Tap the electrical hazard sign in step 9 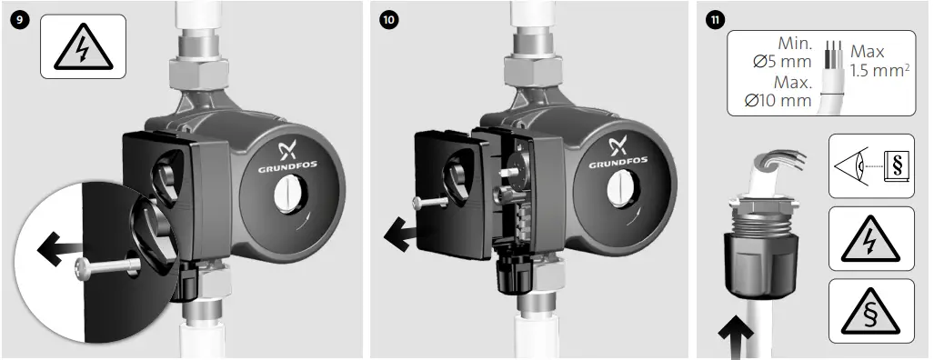coord(83,47)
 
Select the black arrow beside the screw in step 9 coord(57,246)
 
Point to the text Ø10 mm coord(778,100)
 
